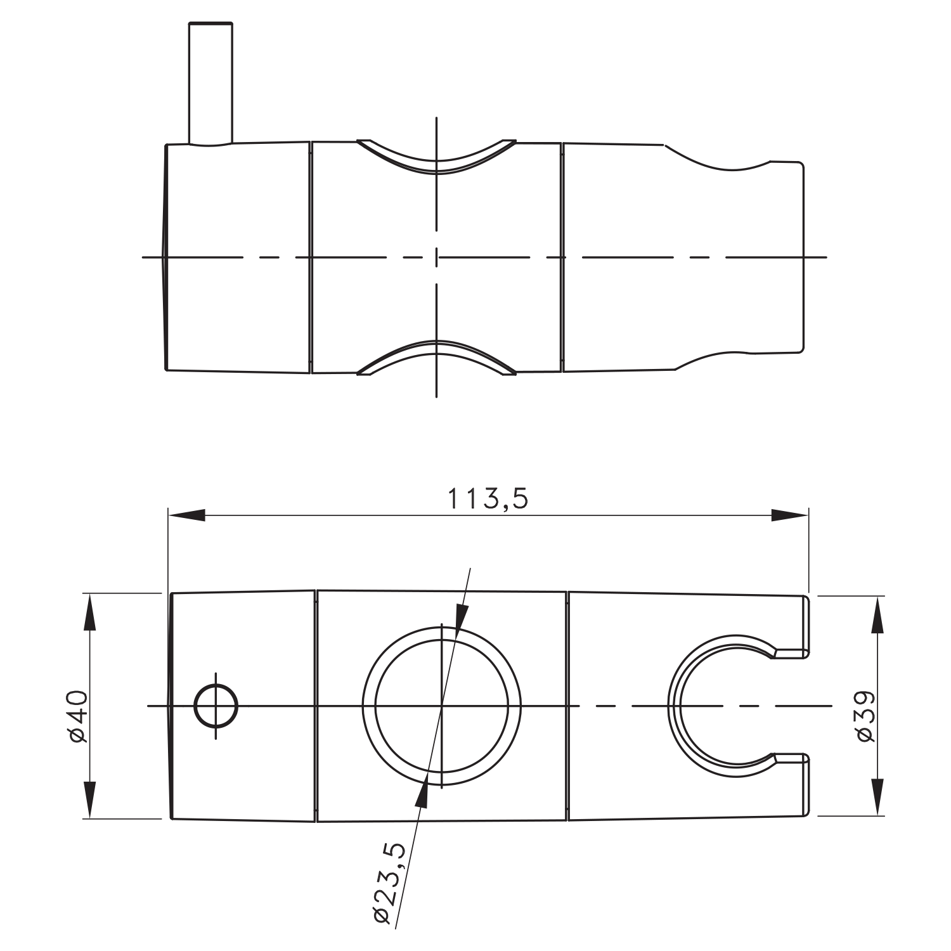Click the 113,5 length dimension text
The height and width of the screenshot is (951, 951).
click(488, 498)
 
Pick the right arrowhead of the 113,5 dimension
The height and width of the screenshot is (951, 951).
click(790, 515)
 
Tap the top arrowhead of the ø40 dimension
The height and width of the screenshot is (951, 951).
click(89, 612)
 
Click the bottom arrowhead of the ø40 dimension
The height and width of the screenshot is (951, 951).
click(89, 800)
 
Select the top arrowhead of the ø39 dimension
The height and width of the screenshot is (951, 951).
click(878, 614)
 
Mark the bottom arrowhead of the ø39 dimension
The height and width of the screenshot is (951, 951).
click(878, 797)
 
